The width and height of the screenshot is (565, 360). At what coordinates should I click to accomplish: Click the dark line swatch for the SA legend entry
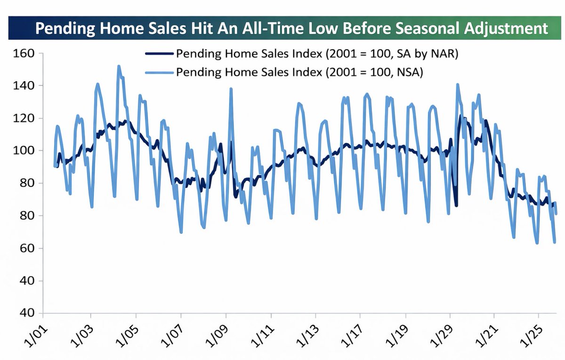[159, 54]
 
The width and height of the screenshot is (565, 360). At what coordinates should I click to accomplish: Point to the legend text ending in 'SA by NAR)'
[317, 54]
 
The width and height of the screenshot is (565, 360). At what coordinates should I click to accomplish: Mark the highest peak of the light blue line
[118, 66]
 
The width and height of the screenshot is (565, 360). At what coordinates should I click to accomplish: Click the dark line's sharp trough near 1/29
[456, 205]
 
